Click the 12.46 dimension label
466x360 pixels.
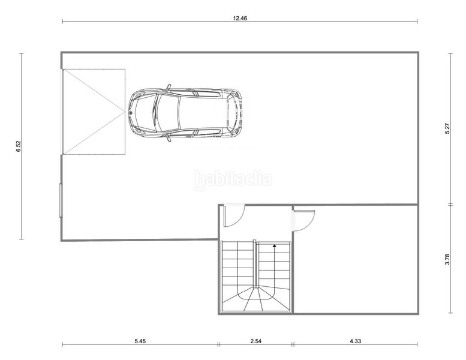tap(240, 18)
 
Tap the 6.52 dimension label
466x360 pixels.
tap(19, 146)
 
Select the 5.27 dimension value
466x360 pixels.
tap(447, 128)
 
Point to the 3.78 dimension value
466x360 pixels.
tap(447, 259)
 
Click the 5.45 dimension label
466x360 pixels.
tap(140, 341)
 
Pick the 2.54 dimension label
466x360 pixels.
tap(255, 341)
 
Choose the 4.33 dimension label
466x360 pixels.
tap(355, 341)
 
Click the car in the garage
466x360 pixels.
tap(185, 113)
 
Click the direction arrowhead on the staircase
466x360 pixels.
tap(274, 246)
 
